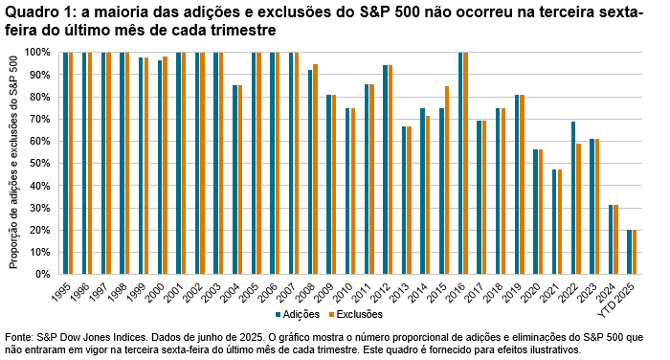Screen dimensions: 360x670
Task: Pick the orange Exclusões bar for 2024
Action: pyautogui.click(x=615, y=238)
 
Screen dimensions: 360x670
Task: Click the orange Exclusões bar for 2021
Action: pyautogui.click(x=559, y=221)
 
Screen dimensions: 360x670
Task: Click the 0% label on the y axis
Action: pyautogui.click(x=43, y=274)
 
